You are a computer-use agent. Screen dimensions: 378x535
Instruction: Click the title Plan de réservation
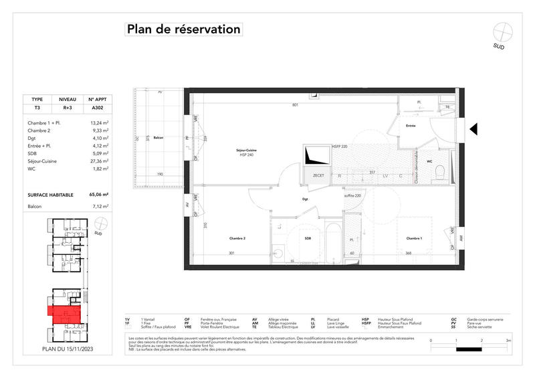(x=183, y=29)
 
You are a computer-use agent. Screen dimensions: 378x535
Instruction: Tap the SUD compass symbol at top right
(x=502, y=32)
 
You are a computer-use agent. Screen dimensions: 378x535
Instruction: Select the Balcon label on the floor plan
(x=158, y=137)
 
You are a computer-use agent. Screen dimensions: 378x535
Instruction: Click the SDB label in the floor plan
(x=308, y=238)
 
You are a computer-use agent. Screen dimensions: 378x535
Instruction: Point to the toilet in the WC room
(x=439, y=173)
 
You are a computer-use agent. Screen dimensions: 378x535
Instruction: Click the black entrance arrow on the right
(x=473, y=128)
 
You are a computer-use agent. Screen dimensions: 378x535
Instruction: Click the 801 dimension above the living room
(x=295, y=105)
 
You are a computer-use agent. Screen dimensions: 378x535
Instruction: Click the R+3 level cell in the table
(x=68, y=107)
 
